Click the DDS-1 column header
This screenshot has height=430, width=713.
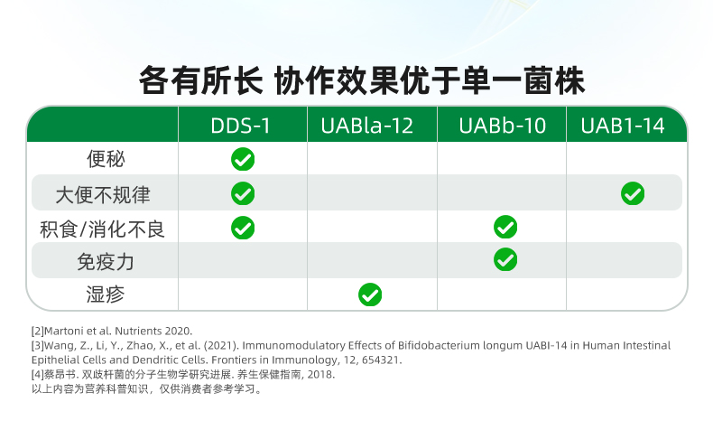point(241,126)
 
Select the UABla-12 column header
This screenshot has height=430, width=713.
point(367,126)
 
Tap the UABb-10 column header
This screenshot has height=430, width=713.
point(502,126)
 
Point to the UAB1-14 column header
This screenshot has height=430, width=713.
point(623,126)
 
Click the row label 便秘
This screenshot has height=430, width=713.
point(106,159)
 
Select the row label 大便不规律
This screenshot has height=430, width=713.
point(103,195)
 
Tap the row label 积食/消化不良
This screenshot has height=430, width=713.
point(102,229)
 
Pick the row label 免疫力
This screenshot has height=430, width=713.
point(106,262)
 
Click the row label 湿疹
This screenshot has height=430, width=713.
point(106,294)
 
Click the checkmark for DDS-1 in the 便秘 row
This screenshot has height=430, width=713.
point(243,159)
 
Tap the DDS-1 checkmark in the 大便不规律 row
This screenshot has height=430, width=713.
point(243,194)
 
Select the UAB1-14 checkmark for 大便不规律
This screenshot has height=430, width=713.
point(633,194)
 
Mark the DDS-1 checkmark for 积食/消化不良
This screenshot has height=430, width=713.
point(243,228)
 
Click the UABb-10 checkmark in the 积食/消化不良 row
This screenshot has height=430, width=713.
point(505,227)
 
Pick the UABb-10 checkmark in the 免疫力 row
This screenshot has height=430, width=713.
point(505,260)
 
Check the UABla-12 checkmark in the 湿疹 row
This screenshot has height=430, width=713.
point(370,294)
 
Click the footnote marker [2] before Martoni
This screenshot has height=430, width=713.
point(38,331)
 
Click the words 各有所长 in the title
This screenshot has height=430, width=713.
point(200,81)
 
